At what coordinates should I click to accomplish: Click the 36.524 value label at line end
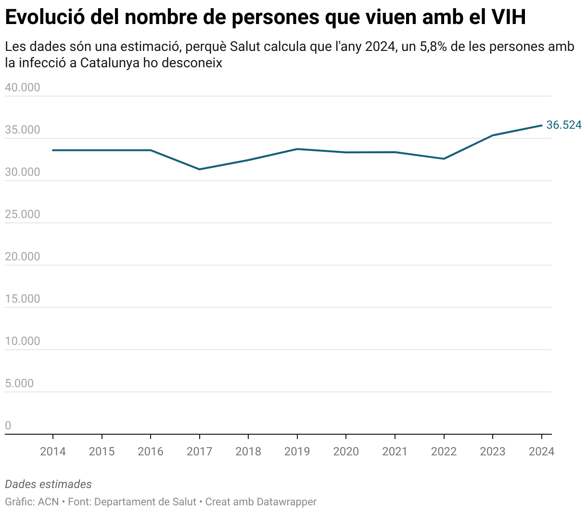(563, 125)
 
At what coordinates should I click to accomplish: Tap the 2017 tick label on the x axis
(199, 452)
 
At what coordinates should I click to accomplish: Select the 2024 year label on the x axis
(541, 452)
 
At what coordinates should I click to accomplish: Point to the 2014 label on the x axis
(53, 452)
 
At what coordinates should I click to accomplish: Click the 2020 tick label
(346, 452)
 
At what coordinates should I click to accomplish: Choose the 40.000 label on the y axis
(23, 87)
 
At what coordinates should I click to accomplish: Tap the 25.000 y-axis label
(23, 214)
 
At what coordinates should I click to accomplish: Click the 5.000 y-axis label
(19, 383)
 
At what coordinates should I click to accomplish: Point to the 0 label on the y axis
(8, 426)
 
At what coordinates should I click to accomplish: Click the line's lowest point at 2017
(199, 169)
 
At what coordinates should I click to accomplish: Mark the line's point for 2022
(444, 159)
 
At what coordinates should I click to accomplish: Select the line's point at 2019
(297, 149)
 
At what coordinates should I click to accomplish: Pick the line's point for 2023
(493, 135)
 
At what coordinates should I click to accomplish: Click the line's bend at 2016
(151, 150)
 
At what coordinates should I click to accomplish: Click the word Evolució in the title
(44, 17)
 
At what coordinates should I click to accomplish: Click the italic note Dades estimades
(48, 484)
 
